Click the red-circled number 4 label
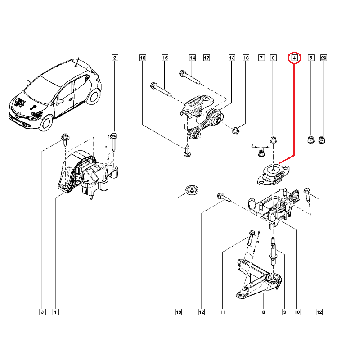pyautogui.click(x=294, y=58)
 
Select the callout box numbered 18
pyautogui.click(x=143, y=58)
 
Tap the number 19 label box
pyautogui.click(x=178, y=311)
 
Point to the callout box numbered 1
pyautogui.click(x=55, y=311)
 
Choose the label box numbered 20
pyautogui.click(x=324, y=58)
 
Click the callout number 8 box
pyautogui.click(x=264, y=311)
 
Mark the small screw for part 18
pyautogui.click(x=187, y=151)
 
